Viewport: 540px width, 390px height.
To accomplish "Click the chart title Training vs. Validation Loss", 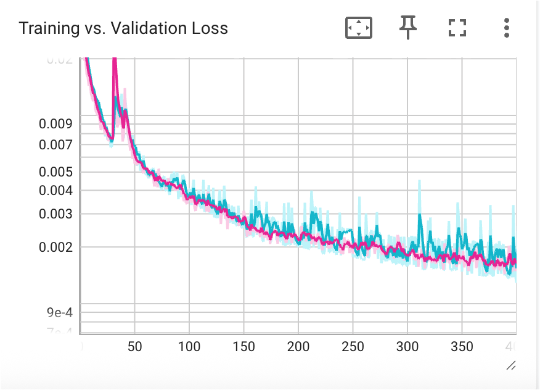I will pyautogui.click(x=123, y=28).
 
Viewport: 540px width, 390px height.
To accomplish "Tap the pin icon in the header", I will pyautogui.click(x=407, y=28).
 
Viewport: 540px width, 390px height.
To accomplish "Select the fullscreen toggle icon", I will pyautogui.click(x=457, y=28).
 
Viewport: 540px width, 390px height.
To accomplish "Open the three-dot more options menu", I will pyautogui.click(x=506, y=28).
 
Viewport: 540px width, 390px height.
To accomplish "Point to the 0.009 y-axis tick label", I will pyautogui.click(x=55, y=124).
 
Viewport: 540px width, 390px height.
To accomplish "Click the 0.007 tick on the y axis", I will pyautogui.click(x=55, y=145).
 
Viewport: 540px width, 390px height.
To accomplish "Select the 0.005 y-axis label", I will pyautogui.click(x=55, y=172).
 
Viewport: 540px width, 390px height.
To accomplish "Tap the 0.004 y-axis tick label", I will pyautogui.click(x=55, y=191).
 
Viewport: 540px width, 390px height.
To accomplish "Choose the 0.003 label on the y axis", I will pyautogui.click(x=55, y=214).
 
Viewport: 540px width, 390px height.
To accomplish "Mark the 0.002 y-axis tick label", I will pyautogui.click(x=55, y=247).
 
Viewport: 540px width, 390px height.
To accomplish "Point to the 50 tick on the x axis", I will pyautogui.click(x=134, y=347).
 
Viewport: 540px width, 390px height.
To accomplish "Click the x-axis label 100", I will pyautogui.click(x=189, y=347).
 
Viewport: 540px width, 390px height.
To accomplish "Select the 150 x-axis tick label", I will pyautogui.click(x=243, y=347).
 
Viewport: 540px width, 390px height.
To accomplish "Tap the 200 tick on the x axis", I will pyautogui.click(x=298, y=347).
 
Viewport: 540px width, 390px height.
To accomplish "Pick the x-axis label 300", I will pyautogui.click(x=407, y=347).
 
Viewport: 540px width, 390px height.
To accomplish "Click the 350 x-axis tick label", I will pyautogui.click(x=462, y=347).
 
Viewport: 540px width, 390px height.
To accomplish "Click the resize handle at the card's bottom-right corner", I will pyautogui.click(x=510, y=366).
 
